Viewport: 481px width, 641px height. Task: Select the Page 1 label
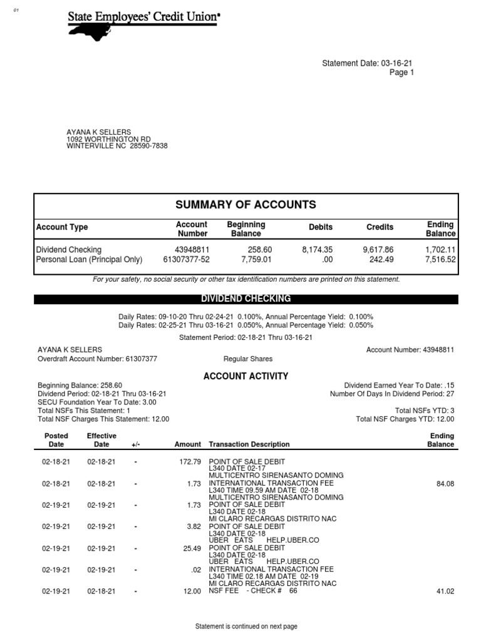(x=402, y=73)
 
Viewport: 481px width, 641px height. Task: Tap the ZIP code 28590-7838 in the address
(x=149, y=146)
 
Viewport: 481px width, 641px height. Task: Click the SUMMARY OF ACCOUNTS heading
(x=246, y=205)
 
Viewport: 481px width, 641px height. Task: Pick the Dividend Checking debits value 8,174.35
(x=317, y=250)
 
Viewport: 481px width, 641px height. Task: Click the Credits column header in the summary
(x=380, y=227)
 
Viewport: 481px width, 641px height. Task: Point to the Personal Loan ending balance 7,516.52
(x=440, y=259)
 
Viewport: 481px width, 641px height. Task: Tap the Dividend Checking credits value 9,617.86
(x=378, y=250)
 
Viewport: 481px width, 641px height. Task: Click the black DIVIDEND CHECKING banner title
(x=246, y=299)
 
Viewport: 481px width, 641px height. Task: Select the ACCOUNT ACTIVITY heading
(x=246, y=376)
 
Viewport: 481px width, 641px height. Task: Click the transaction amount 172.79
(x=189, y=462)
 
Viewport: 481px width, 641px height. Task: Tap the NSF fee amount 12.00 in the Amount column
(x=192, y=591)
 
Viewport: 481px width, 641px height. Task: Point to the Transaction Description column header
(x=249, y=444)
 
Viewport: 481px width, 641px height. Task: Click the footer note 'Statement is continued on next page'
(x=246, y=626)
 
